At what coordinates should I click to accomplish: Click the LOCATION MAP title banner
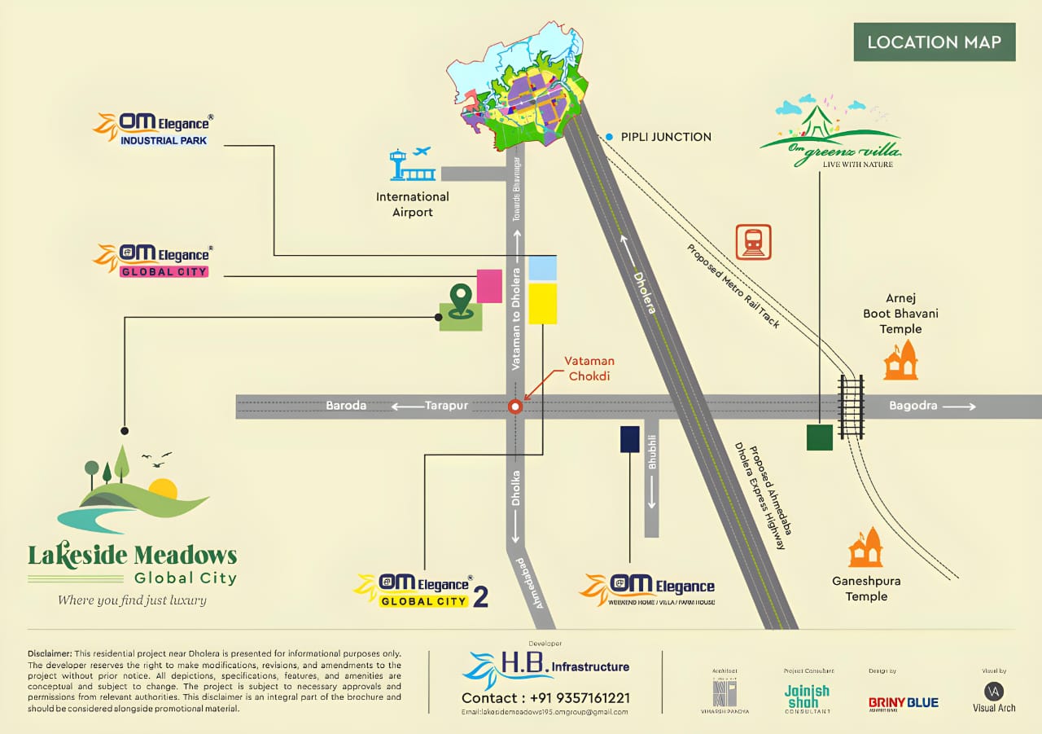pos(934,42)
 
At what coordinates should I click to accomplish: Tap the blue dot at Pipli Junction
pos(609,137)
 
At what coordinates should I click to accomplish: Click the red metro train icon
pos(753,242)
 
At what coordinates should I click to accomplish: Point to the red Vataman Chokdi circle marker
pos(514,407)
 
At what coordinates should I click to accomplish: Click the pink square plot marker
pos(489,286)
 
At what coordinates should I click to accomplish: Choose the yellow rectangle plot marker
pos(543,304)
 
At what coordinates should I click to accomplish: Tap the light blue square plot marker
pos(543,268)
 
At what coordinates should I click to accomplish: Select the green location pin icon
pos(461,301)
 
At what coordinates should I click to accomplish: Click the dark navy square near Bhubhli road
pos(629,438)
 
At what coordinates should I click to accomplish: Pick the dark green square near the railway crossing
pos(819,437)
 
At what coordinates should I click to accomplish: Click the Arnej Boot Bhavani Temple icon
pos(900,360)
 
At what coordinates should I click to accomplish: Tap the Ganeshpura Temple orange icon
pos(865,547)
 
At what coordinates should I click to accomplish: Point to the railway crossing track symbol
pos(851,407)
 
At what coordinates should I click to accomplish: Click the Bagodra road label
pos(913,406)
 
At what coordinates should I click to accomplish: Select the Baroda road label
pos(347,406)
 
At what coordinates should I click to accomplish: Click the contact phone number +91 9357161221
pos(545,698)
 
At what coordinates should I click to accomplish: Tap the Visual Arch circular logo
pos(993,691)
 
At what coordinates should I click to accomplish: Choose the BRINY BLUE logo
pos(903,702)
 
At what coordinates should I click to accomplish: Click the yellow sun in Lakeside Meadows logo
pos(163,489)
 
